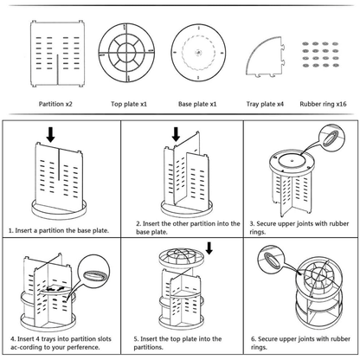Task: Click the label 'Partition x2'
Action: click(55, 104)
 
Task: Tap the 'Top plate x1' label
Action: click(129, 104)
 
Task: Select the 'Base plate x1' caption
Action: click(197, 104)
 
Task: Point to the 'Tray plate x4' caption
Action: click(265, 104)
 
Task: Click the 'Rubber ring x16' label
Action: click(323, 104)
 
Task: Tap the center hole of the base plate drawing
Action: click(198, 53)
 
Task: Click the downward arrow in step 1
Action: click(51, 135)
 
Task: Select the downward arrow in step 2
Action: click(176, 134)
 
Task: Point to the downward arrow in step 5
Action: click(209, 248)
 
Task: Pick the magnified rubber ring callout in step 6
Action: click(271, 260)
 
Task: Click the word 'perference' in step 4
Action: click(81, 347)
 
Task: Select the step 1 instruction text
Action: click(59, 230)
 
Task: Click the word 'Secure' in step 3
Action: click(267, 223)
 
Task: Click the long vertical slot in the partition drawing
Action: click(58, 69)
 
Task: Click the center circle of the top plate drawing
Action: click(126, 53)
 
